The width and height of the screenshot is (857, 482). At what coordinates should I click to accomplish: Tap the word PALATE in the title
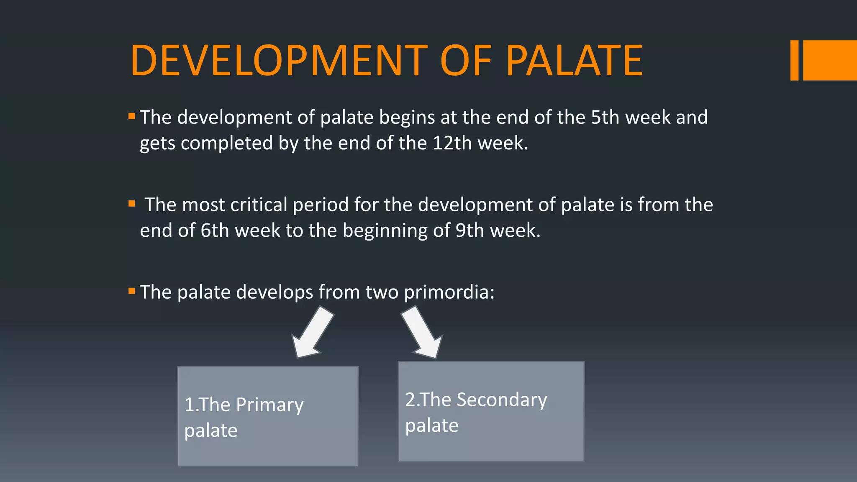click(574, 61)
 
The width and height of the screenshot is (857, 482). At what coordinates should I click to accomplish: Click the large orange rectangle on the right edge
click(830, 60)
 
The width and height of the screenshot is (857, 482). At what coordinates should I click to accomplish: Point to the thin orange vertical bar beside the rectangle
click(794, 60)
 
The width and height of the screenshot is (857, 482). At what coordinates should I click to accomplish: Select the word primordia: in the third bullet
click(449, 292)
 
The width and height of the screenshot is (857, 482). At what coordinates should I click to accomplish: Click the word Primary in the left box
click(269, 405)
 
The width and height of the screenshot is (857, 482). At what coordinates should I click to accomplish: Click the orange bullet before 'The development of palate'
click(132, 116)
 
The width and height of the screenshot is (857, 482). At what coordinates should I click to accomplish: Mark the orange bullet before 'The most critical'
click(132, 204)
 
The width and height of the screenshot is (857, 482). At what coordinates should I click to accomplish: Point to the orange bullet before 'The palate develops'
click(132, 291)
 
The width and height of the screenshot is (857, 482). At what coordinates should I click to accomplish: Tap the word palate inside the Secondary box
click(431, 426)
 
